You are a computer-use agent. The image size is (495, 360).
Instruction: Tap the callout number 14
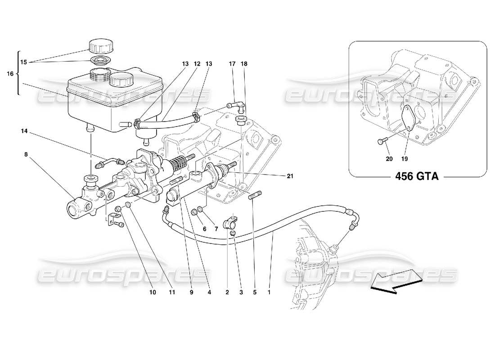tap(24, 131)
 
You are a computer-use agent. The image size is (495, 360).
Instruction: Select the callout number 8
tap(26, 153)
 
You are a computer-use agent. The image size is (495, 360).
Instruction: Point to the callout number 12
tap(196, 64)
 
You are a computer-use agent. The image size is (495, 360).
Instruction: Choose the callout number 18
tap(244, 64)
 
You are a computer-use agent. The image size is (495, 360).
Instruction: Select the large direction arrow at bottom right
tap(396, 282)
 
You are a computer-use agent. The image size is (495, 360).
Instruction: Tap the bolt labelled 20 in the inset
tap(380, 141)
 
